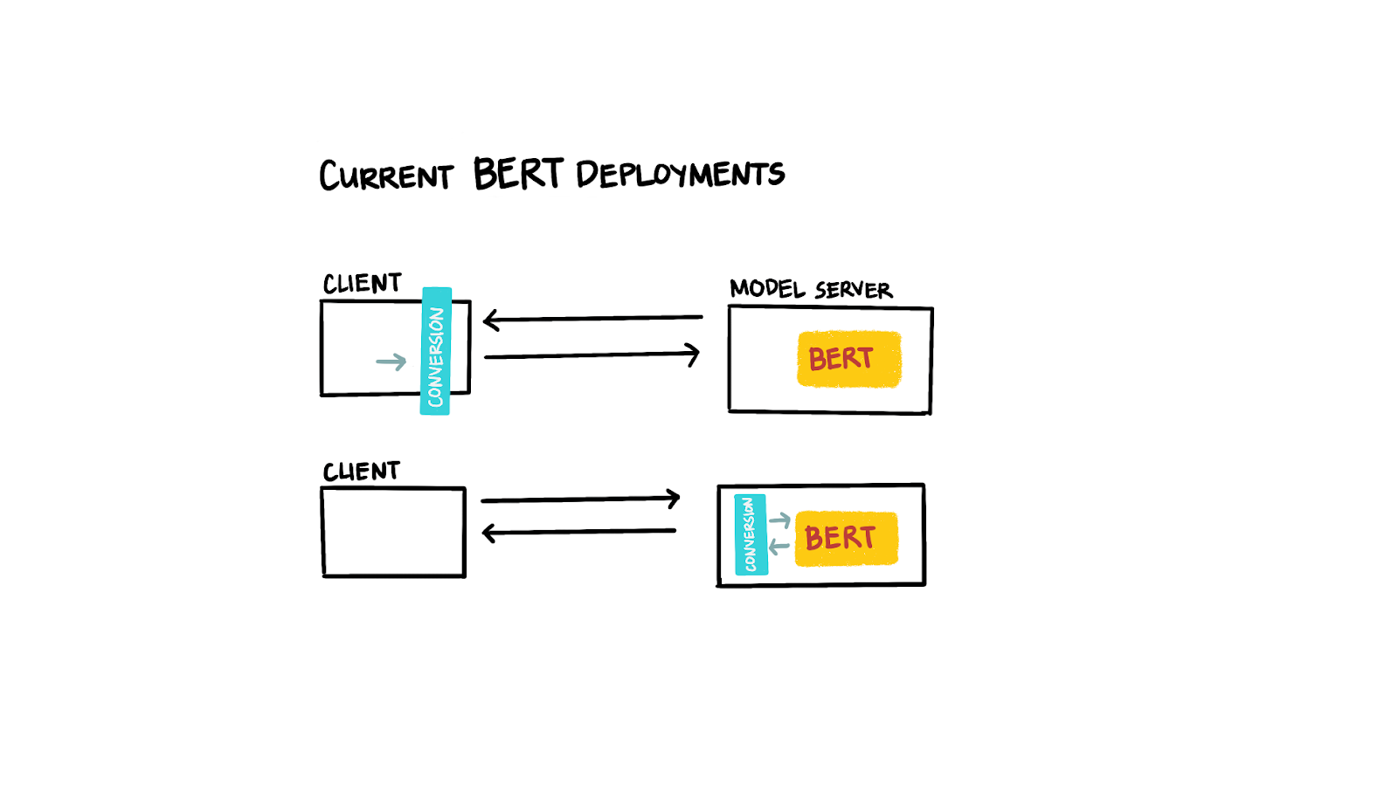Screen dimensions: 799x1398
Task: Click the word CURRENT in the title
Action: coord(385,176)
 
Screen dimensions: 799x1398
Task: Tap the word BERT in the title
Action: coord(517,174)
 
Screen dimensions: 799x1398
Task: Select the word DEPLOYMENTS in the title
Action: coord(680,175)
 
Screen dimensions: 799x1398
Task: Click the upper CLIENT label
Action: coord(362,284)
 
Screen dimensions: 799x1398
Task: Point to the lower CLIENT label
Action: coord(361,472)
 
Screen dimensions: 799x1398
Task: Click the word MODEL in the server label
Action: coord(767,288)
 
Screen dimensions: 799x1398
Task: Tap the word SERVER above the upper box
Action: coord(853,290)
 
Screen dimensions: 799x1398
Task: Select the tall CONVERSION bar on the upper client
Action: coord(436,351)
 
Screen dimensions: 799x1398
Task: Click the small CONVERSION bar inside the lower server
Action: coord(751,534)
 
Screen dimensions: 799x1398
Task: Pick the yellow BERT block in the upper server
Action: coord(848,359)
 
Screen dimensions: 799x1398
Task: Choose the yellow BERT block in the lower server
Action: coord(846,538)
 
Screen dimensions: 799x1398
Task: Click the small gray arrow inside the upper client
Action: coord(391,362)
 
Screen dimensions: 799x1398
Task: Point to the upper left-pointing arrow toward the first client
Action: coord(592,319)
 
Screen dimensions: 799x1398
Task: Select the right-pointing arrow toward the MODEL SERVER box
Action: coord(592,355)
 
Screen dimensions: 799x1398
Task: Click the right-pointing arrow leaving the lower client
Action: coord(580,499)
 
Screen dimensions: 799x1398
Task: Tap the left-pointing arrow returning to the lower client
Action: coord(578,531)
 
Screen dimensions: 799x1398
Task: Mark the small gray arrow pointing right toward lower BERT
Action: coord(779,520)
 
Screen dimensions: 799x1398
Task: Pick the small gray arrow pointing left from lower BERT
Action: coord(779,548)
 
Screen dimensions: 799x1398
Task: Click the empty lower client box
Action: coord(393,533)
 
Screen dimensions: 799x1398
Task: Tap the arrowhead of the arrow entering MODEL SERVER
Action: coord(693,355)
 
